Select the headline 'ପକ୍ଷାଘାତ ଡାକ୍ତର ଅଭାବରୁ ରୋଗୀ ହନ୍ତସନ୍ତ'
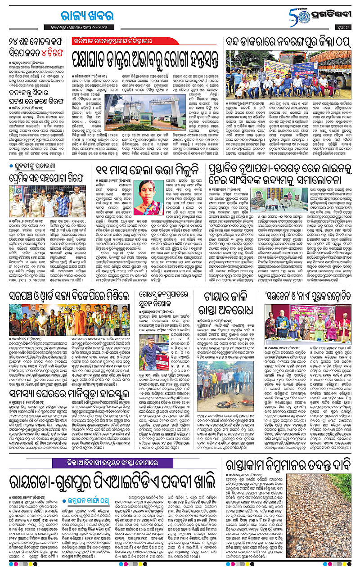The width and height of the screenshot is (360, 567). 144,57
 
